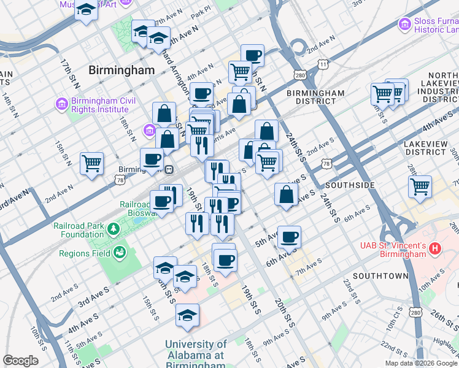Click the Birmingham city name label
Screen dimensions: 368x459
click(121, 70)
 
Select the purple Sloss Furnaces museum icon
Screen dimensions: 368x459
click(404, 24)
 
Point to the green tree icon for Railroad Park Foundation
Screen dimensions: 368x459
click(113, 229)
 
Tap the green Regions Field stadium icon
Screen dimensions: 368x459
click(120, 253)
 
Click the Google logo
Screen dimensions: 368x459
click(20, 361)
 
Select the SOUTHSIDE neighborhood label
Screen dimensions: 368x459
click(350, 185)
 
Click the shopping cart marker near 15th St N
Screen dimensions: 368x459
click(92, 163)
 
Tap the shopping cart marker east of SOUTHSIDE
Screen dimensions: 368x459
click(420, 186)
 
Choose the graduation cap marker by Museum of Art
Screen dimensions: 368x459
click(87, 10)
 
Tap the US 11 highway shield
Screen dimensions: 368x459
click(323, 64)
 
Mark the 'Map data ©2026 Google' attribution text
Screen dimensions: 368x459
click(421, 363)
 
